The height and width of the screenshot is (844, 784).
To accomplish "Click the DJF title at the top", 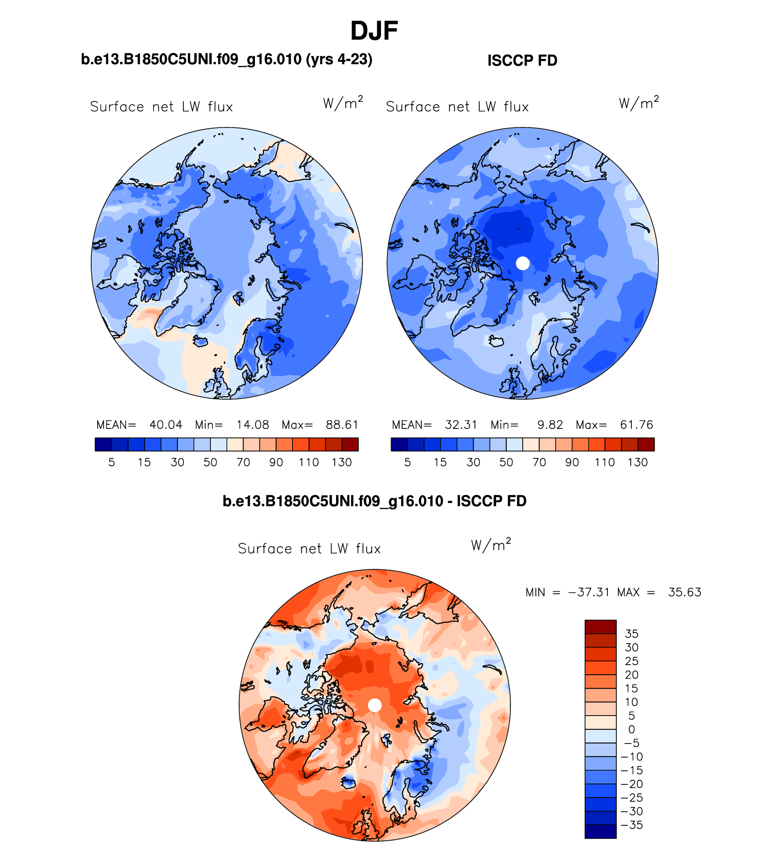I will click(374, 31).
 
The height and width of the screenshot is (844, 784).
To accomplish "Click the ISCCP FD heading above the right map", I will click(522, 61).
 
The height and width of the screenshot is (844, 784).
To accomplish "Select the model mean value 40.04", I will click(166, 425).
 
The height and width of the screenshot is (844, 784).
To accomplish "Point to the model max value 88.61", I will click(342, 425).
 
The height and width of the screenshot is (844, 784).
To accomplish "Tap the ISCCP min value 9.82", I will click(550, 425).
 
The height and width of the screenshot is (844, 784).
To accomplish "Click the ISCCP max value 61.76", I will click(637, 425).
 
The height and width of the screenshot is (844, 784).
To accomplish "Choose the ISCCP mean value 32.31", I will click(461, 425).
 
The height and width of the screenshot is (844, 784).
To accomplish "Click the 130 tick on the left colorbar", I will click(342, 462).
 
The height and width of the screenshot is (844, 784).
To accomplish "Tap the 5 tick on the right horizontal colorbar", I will click(408, 462).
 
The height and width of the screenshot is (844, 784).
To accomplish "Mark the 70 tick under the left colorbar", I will click(243, 462).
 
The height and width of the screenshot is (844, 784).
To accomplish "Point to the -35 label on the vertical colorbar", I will click(632, 825).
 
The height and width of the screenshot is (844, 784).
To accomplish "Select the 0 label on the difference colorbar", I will click(631, 729).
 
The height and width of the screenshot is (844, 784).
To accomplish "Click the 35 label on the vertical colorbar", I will click(632, 634).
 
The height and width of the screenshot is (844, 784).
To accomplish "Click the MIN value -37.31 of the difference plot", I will click(589, 592).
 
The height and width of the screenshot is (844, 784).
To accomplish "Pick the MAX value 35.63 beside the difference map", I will click(685, 592).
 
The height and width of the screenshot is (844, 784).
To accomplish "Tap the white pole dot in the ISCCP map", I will click(523, 263).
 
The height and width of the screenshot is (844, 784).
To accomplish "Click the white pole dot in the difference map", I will click(375, 705).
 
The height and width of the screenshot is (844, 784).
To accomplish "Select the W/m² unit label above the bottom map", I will click(491, 545).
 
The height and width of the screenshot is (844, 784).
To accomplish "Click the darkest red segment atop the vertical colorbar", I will click(600, 627).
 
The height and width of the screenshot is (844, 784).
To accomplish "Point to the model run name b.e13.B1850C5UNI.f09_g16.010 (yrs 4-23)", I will click(226, 59).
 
